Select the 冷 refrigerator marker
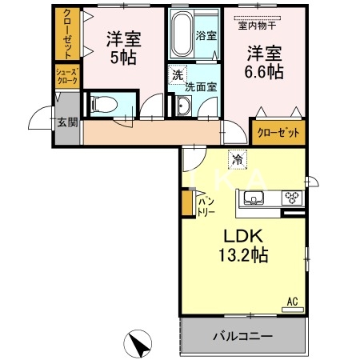[237, 159]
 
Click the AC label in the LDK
[292, 302]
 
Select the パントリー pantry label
[205, 205]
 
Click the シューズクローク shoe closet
[66, 76]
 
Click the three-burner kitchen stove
[291, 199]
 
